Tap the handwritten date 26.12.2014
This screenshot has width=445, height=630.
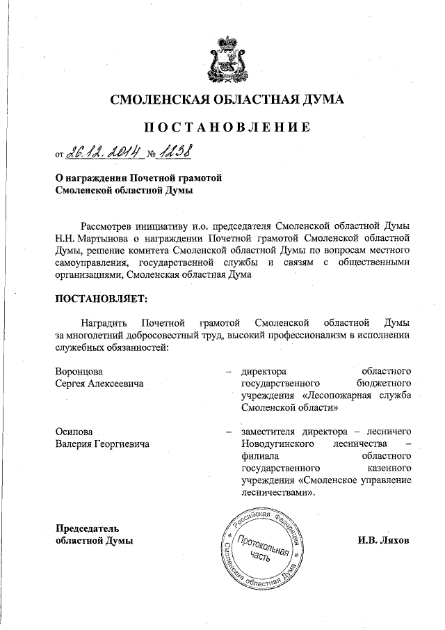(105, 152)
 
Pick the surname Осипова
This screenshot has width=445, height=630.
(74, 432)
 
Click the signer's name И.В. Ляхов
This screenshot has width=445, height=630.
(384, 540)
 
